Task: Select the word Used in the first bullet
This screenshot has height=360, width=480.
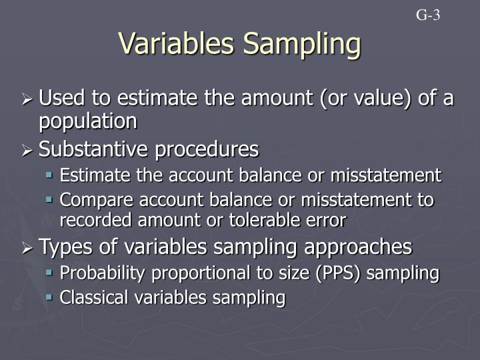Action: pos(61,99)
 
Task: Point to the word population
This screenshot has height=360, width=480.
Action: pos(87,121)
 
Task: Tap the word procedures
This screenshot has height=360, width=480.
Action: pos(209,150)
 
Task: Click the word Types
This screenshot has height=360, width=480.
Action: pos(62,247)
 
